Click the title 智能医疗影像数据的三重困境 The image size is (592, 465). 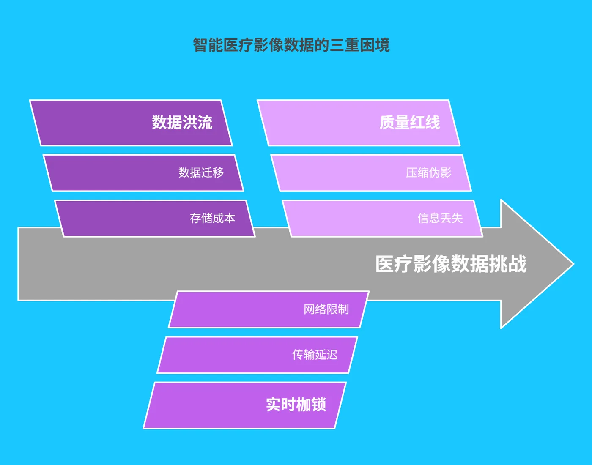click(291, 45)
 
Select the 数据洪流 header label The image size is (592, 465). click(182, 122)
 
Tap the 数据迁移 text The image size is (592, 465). click(201, 172)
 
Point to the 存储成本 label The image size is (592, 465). click(212, 218)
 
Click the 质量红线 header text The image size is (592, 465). click(409, 122)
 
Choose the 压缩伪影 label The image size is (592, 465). click(428, 172)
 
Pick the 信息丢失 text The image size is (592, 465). click(440, 218)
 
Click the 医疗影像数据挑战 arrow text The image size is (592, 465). click(451, 264)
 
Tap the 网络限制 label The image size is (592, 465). click(326, 309)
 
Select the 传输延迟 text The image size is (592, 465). click(315, 355)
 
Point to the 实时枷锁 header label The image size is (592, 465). click(296, 405)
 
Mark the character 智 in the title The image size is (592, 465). click(200, 45)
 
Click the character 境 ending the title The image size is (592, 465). click(382, 45)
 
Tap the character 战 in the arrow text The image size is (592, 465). click(518, 264)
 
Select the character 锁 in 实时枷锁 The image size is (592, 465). click(318, 405)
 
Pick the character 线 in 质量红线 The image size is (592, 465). click(432, 122)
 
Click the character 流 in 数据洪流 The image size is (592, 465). click(205, 122)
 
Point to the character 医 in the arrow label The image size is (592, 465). click(384, 264)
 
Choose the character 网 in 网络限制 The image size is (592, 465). click(309, 309)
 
